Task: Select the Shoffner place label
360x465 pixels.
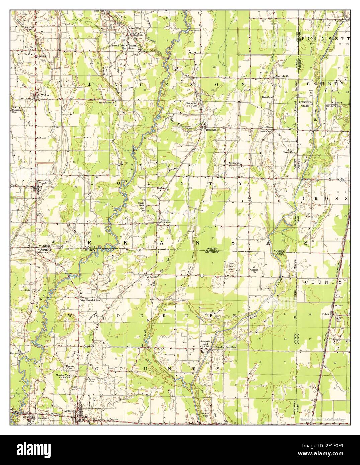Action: click(28, 54)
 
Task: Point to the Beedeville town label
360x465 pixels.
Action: click(212, 130)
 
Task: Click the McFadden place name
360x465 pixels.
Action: click(235, 163)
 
